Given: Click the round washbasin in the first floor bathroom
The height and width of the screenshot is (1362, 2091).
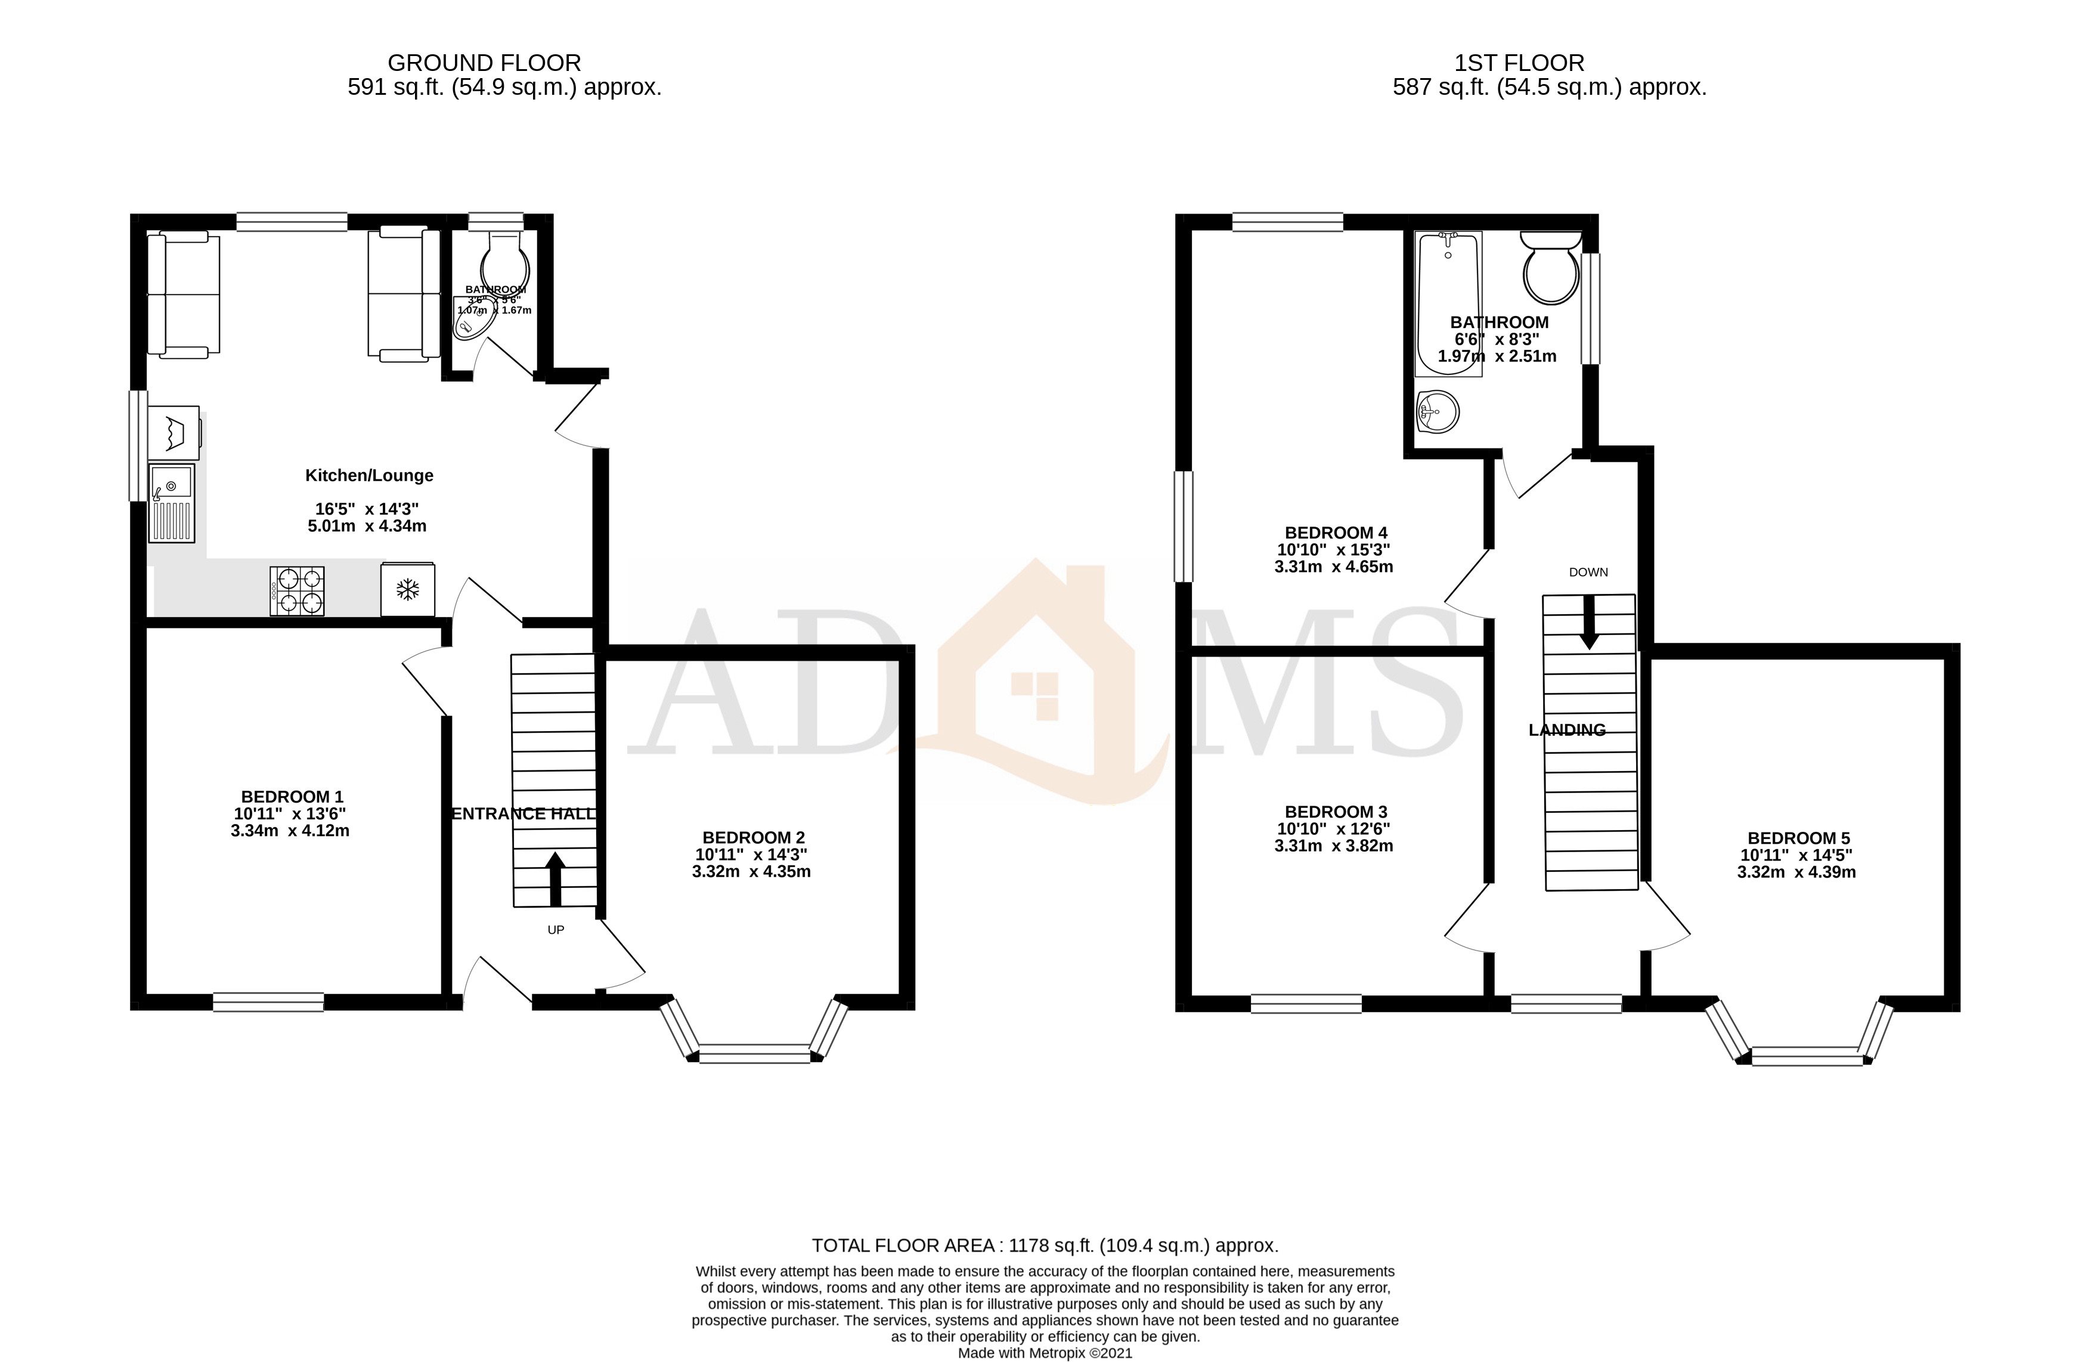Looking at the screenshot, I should (x=1438, y=411).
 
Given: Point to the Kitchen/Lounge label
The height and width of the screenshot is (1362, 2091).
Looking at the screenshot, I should (x=369, y=475).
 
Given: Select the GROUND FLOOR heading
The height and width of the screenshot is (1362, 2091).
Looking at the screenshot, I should (x=484, y=63).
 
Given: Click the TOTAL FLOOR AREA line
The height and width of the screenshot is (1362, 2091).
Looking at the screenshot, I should (x=1045, y=1245).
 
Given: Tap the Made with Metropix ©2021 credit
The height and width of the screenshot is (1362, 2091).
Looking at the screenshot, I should (x=1045, y=1353).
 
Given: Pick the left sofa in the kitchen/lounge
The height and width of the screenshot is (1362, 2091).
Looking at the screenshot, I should (x=182, y=295).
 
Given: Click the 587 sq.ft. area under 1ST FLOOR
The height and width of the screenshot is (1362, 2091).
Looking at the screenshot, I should (x=1549, y=88).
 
